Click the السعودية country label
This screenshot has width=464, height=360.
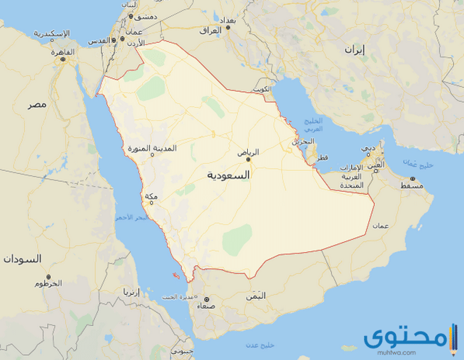click(228, 175)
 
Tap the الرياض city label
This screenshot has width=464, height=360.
click(247, 152)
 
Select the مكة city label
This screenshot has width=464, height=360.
click(152, 197)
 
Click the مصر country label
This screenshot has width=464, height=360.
click(37, 105)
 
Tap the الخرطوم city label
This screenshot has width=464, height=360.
click(48, 284)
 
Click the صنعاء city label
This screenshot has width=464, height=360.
click(205, 305)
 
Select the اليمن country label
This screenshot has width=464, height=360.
click(255, 296)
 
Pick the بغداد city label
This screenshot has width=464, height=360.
click(227, 20)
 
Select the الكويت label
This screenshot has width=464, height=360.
click(262, 89)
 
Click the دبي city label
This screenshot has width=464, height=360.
click(370, 148)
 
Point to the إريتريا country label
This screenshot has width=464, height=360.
click(130, 293)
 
